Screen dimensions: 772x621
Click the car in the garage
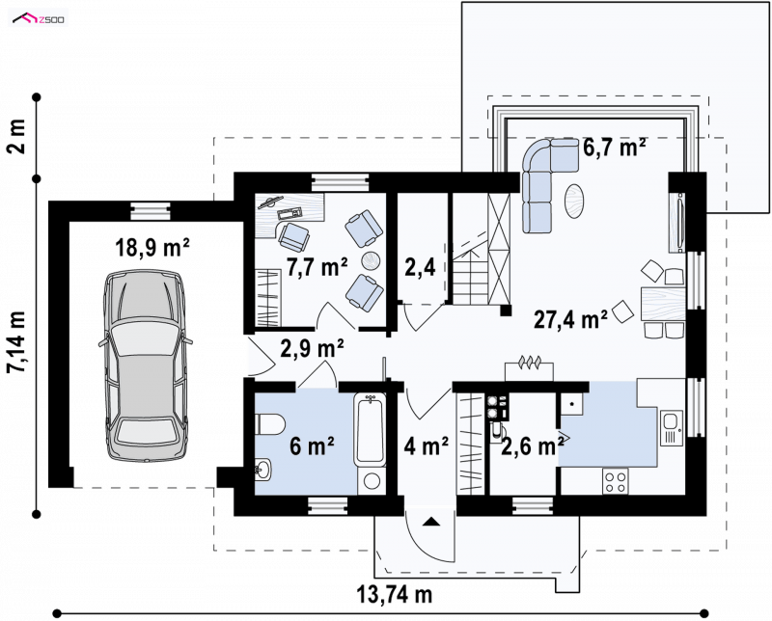(146, 365)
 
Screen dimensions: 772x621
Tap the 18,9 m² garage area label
(152, 248)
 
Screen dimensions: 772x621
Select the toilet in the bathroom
(270, 424)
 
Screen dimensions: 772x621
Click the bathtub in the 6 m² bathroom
(370, 429)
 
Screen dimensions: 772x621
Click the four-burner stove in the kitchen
(616, 481)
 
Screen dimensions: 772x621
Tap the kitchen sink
(670, 427)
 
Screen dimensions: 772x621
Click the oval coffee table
(574, 201)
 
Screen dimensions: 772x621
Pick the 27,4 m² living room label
(570, 319)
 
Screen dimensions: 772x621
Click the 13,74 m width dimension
(394, 594)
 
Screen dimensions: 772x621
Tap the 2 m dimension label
(17, 137)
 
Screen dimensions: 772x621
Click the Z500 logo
(39, 19)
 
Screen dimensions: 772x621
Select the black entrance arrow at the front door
(430, 522)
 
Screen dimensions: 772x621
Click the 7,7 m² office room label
(317, 267)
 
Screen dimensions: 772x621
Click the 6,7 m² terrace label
(615, 147)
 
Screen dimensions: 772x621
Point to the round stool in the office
(372, 260)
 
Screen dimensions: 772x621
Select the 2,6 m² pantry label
(533, 446)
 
